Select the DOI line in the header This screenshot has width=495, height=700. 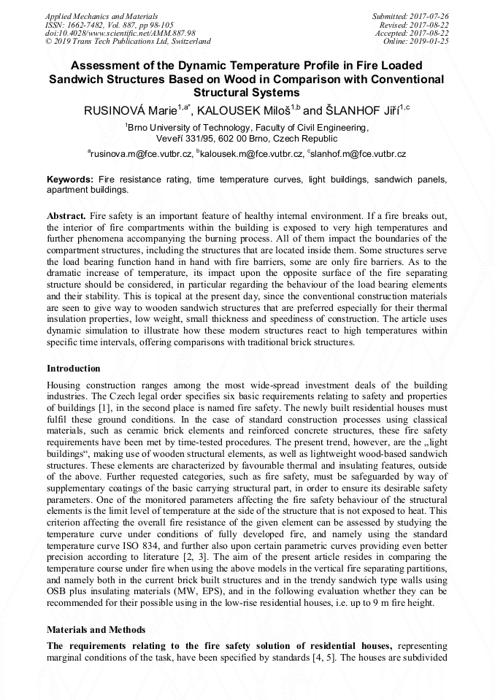tap(120, 33)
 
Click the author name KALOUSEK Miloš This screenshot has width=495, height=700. tap(242, 110)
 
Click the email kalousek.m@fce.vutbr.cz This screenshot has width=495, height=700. tap(249, 154)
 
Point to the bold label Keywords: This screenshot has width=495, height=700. tap(70, 179)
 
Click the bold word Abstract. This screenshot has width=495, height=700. tap(66, 217)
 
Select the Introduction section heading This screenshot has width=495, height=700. tap(74, 368)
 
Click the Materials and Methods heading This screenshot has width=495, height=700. tap(96, 629)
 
